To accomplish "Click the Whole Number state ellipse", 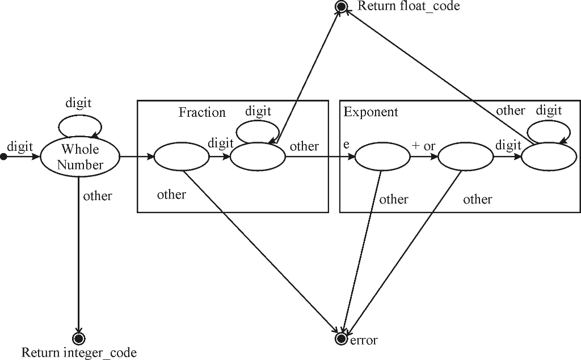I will [x=80, y=156].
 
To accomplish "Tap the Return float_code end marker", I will [x=342, y=7].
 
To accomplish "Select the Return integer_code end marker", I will [x=78, y=333].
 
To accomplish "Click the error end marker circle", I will [x=341, y=338].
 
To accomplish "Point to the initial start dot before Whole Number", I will [x=3, y=156].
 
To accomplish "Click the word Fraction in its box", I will [x=202, y=112].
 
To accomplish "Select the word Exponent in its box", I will [x=371, y=112].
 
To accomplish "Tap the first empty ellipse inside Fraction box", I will [x=181, y=156].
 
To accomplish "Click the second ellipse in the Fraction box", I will [x=258, y=156].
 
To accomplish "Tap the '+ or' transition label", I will [x=423, y=146].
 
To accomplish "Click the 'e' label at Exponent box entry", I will [x=346, y=145].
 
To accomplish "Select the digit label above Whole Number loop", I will [x=78, y=103].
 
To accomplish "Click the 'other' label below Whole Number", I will [x=98, y=196].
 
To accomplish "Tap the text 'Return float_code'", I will [x=409, y=6].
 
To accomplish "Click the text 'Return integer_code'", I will [x=79, y=353].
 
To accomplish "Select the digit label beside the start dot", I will [x=20, y=147].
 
